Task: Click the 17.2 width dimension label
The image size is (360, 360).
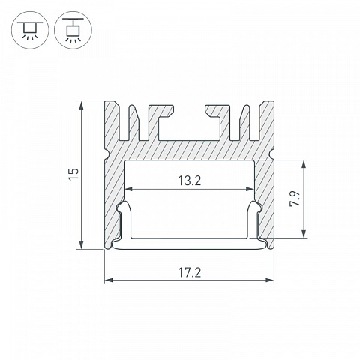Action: pos(190,272)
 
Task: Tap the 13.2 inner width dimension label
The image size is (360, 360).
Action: pos(190,181)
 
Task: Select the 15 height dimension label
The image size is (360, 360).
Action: pos(74,174)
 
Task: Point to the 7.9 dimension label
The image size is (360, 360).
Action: pos(295,199)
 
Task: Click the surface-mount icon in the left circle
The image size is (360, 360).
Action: pos(30,30)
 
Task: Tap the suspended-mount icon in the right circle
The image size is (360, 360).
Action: pos(73,30)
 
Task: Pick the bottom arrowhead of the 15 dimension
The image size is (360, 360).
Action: pos(81,244)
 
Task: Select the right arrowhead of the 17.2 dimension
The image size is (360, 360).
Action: pos(269,280)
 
